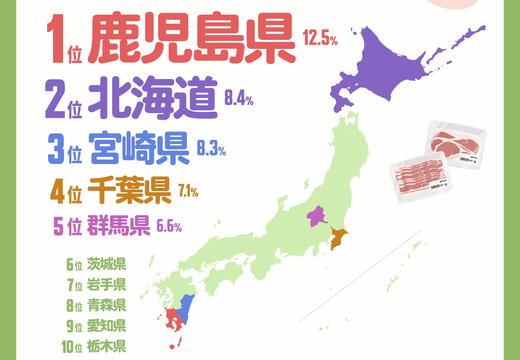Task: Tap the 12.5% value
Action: (x=320, y=38)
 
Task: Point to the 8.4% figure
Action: (x=239, y=98)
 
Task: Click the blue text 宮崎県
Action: (x=139, y=148)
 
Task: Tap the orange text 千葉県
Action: (x=129, y=190)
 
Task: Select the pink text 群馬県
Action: (x=118, y=225)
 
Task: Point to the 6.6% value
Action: (x=169, y=226)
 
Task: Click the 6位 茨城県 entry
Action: (x=96, y=264)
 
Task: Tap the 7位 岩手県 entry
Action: (x=96, y=285)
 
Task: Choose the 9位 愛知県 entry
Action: (x=96, y=326)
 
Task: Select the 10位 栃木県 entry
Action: (x=94, y=346)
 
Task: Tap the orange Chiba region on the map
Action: (x=337, y=238)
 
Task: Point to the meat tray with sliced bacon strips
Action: (x=420, y=177)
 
